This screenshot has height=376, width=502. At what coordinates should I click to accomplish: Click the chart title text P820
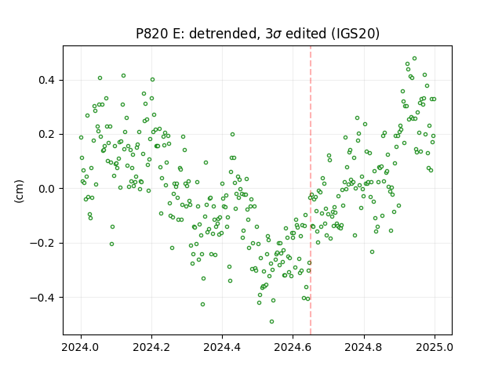pos(151,34)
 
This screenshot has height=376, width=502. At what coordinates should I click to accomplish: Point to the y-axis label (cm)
pos(19,191)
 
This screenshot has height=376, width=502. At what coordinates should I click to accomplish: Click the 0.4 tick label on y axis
pos(46,80)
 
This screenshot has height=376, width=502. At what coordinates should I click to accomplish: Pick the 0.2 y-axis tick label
pos(46,134)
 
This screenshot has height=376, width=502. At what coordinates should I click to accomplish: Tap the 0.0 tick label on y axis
pos(46,189)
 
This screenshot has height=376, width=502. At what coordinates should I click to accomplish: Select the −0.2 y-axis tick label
pos(42,244)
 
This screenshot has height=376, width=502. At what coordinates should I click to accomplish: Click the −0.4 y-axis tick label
pos(42,298)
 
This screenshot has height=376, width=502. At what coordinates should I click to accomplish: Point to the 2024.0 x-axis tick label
pos(81,347)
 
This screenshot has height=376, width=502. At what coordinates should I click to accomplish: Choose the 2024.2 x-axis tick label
pos(151,347)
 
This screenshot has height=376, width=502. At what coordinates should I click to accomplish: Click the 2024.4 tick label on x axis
pos(222,347)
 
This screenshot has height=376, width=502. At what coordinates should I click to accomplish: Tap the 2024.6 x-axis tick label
pos(293,347)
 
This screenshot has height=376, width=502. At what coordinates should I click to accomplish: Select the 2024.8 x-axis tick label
pos(363,347)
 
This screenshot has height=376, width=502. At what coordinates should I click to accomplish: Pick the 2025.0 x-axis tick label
pos(435,347)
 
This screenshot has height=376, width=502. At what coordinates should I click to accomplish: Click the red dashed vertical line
pos(311,190)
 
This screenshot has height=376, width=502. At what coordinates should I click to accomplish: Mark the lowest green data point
pos(271,321)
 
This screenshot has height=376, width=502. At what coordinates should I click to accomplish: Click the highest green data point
pos(414,58)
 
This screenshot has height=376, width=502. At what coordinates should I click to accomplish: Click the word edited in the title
pos(306,34)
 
